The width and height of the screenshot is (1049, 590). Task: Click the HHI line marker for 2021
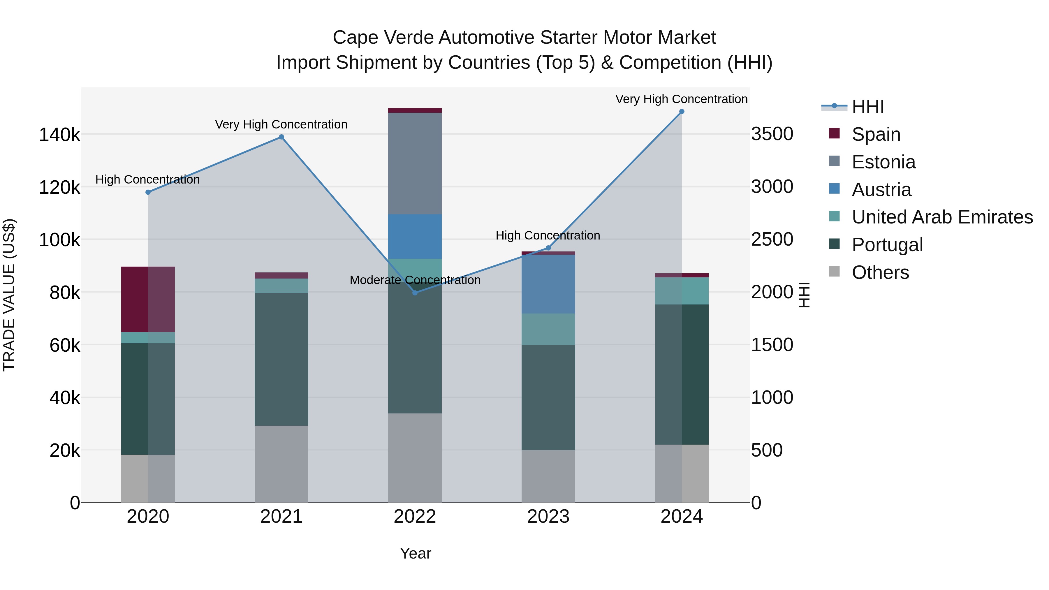pyautogui.click(x=281, y=137)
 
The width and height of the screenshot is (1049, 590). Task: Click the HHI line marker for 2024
pyautogui.click(x=682, y=112)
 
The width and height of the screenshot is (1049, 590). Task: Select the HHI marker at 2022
pyautogui.click(x=415, y=293)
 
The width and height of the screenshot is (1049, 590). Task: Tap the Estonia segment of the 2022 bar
pyautogui.click(x=415, y=163)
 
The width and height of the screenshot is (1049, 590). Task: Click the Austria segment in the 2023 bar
pyautogui.click(x=548, y=284)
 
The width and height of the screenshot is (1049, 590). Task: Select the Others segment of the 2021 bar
pyautogui.click(x=281, y=464)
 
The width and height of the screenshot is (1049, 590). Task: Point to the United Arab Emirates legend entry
pyautogui.click(x=942, y=217)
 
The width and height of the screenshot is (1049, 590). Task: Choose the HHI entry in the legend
pyautogui.click(x=867, y=107)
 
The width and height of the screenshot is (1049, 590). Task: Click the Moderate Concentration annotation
pyautogui.click(x=415, y=280)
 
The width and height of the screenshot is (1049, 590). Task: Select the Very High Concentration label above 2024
pyautogui.click(x=681, y=99)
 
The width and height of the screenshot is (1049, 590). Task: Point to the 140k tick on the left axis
pyautogui.click(x=59, y=135)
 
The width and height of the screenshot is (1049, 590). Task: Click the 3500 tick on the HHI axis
pyautogui.click(x=772, y=134)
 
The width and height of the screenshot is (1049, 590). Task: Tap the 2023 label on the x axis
pyautogui.click(x=548, y=517)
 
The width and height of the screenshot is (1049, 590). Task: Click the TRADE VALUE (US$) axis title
pyautogui.click(x=9, y=295)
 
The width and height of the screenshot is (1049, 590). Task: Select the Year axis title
pyautogui.click(x=415, y=553)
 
